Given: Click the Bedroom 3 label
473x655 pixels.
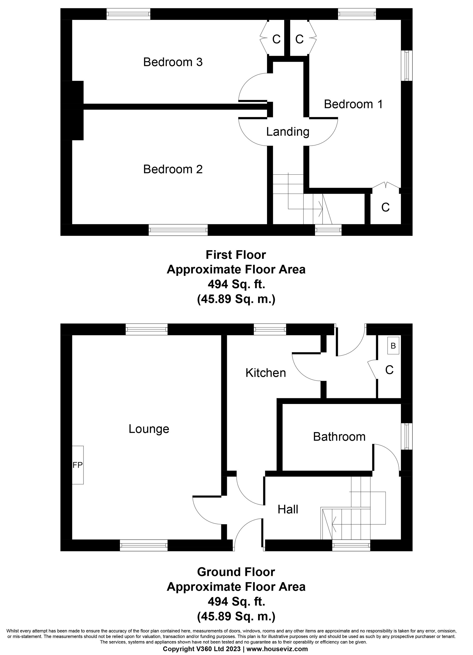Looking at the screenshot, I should tap(173, 62).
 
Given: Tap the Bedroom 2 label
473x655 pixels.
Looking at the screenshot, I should tap(173, 169).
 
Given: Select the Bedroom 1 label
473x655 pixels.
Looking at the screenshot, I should tap(353, 104).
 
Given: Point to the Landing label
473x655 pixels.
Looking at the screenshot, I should tap(288, 132).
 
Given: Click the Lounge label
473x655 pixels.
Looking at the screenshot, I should tap(149, 429).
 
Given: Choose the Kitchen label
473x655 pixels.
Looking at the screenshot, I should tap(266, 373).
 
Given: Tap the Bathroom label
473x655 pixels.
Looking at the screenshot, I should tap(339, 437).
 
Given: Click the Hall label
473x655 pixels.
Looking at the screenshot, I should tap(288, 509).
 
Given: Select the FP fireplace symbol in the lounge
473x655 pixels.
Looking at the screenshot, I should tap(77, 465).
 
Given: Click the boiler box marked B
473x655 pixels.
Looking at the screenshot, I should tap(393, 346).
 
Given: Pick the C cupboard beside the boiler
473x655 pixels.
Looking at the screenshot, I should tap(389, 370).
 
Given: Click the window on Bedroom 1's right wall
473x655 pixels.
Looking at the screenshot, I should tap(407, 65).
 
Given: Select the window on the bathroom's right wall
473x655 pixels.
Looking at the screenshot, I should tap(407, 436).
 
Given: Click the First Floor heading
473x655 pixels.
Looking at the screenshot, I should tap(236, 255).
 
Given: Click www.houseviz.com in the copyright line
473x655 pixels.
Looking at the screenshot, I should tap(277, 649).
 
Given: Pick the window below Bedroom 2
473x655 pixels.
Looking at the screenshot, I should tap(178, 230).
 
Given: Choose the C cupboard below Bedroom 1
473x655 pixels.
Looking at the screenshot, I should tap(385, 207).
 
